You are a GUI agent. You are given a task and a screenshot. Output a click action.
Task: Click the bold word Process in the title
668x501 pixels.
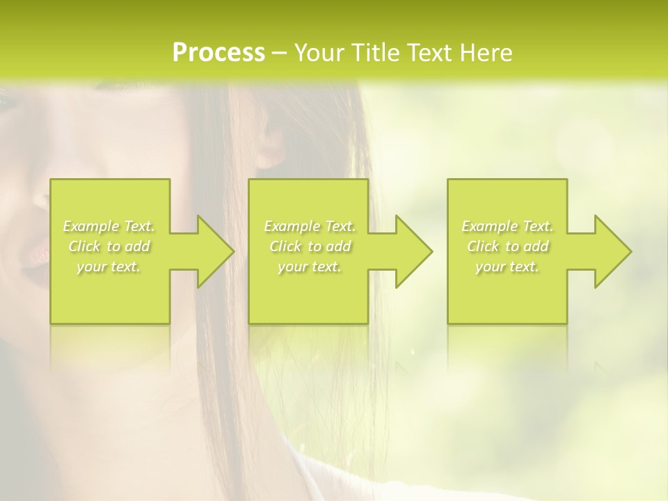click(218, 53)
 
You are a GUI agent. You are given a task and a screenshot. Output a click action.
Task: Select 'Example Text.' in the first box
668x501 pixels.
click(109, 226)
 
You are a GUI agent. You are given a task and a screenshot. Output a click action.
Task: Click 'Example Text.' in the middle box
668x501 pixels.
click(309, 226)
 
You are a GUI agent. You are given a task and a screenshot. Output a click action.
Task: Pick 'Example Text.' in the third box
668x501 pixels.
click(507, 226)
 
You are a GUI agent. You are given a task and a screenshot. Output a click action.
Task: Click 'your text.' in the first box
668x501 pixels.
click(109, 267)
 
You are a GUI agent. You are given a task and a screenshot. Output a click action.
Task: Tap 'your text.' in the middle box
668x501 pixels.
click(309, 267)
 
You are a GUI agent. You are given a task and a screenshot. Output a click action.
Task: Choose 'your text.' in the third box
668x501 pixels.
click(507, 267)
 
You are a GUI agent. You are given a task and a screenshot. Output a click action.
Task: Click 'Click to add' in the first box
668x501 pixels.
click(109, 246)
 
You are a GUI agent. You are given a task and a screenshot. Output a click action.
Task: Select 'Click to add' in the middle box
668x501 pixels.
click(309, 246)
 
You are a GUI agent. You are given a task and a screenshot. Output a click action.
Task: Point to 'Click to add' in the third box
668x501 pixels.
click(507, 246)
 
